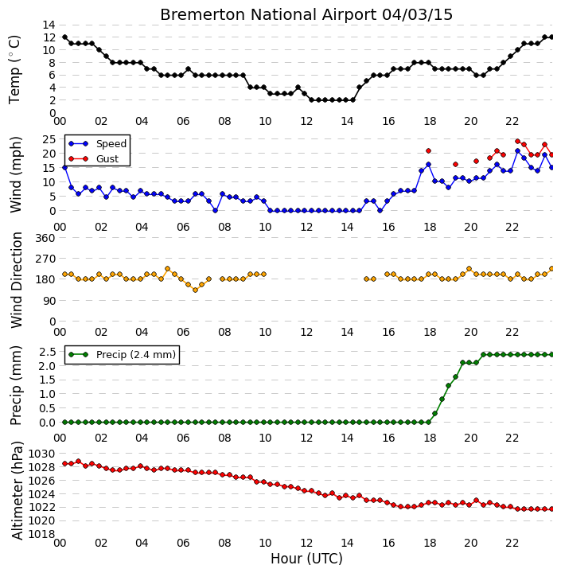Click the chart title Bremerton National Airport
tap(268, 15)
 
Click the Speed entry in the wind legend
tap(98, 143)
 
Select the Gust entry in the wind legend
tap(94, 158)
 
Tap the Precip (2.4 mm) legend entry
tap(122, 354)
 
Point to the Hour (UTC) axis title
tap(306, 559)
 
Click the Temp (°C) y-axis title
tap(14, 70)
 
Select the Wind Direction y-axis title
tap(17, 280)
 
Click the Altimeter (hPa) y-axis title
tap(18, 491)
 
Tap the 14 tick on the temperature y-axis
tap(49, 25)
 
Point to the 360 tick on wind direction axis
tap(45, 238)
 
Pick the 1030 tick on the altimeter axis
tap(41, 454)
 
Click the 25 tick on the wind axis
tap(49, 139)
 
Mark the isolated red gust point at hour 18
tap(428, 151)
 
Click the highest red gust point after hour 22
tap(517, 142)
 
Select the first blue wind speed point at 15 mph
tap(64, 167)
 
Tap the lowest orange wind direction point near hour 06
tap(195, 290)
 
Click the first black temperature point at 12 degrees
tap(64, 37)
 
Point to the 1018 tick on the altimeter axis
tap(41, 534)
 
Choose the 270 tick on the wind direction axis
tap(45, 259)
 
